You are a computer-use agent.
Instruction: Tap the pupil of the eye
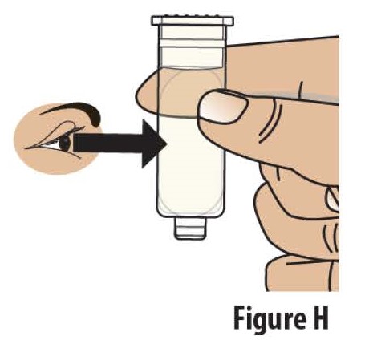coord(65,142)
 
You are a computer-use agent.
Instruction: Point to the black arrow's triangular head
coord(153,144)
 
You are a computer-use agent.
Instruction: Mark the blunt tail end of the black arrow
coord(78,144)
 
